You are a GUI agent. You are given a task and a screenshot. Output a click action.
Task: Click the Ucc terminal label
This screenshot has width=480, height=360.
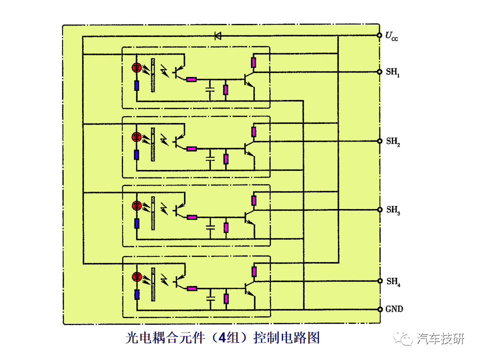coord(391,36)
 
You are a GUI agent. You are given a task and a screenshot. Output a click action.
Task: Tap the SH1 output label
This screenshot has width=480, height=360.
coord(393,72)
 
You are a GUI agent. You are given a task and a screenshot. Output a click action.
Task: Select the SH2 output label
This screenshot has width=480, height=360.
coord(393,141)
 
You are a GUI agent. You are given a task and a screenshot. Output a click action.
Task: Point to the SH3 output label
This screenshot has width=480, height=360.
coord(393,210)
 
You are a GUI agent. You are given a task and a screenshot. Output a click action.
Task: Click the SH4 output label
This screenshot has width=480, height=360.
coord(393,281)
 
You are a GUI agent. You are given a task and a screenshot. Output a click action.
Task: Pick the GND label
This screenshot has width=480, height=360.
coord(394,309)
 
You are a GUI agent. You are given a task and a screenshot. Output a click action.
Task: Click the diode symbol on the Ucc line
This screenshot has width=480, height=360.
coord(217,36)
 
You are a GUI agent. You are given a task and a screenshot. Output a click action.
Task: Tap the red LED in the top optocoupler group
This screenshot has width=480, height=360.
coord(136,67)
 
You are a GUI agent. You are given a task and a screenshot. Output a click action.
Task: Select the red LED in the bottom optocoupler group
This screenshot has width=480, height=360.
coord(137,277)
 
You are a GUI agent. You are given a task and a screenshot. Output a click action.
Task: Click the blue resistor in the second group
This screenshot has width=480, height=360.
coord(136,155)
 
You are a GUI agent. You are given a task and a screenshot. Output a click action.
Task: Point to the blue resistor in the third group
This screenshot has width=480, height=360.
coord(137,223)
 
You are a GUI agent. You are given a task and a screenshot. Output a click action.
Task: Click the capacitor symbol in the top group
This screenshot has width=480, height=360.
coord(210,89)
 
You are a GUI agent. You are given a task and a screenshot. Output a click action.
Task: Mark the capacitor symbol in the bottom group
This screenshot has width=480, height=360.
coord(210,298)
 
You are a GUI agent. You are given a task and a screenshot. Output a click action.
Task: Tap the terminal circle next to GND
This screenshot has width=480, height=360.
coord(380,309)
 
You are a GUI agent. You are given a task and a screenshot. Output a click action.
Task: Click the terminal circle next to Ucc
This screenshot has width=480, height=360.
coord(379,35)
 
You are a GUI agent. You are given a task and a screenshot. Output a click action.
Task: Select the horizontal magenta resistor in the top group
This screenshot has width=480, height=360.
coord(191,79)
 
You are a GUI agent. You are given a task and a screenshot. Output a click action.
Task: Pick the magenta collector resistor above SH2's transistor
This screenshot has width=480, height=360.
coord(253,132)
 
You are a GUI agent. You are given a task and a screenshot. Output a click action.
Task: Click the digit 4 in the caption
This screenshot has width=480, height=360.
coord(222,337)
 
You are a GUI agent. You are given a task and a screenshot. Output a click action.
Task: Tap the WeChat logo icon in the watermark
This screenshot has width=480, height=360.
coord(404,338)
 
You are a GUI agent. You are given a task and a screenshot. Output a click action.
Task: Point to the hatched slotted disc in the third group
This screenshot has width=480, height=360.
coord(153,213)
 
